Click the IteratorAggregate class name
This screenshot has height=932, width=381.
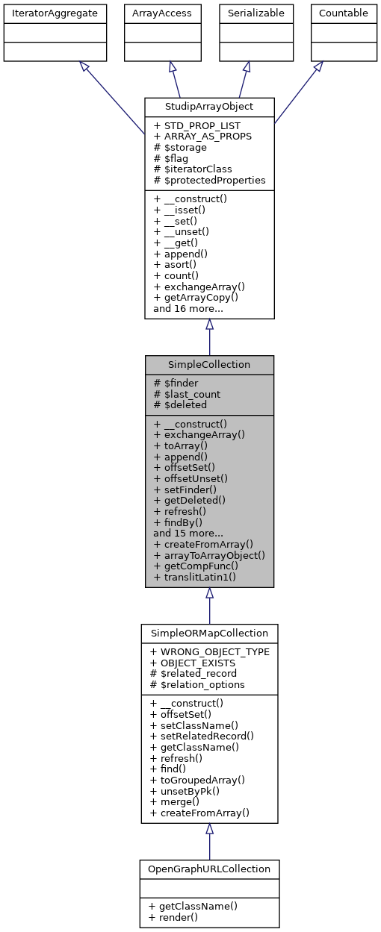coord(55,13)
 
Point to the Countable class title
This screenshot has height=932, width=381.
coord(343,13)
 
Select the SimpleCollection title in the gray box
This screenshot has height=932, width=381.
coord(209,364)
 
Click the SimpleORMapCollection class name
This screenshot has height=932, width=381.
coord(209,633)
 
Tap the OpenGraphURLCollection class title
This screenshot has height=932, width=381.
coord(209,869)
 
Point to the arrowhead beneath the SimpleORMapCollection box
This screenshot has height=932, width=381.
coord(209,829)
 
